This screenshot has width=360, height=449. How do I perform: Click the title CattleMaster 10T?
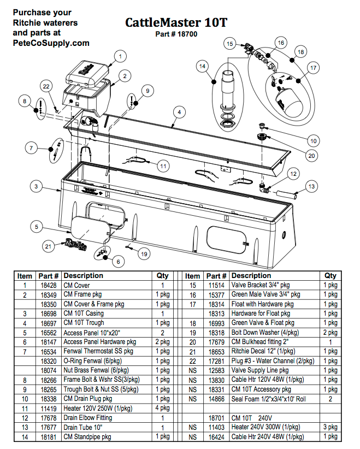[x=176, y=23]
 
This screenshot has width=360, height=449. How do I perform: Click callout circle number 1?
[x=121, y=55]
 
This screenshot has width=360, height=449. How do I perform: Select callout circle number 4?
[x=178, y=111]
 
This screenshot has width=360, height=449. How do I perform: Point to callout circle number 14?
[x=203, y=67]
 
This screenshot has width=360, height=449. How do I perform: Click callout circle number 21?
[x=49, y=246]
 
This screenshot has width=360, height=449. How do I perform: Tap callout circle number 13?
[x=311, y=187]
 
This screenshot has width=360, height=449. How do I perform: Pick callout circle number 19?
[x=144, y=253]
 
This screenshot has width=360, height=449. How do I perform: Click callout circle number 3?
[x=36, y=187]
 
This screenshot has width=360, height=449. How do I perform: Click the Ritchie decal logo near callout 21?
[x=75, y=244]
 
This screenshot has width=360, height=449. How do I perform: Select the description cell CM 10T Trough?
[x=84, y=323]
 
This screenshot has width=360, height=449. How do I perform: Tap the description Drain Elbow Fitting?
[x=88, y=417]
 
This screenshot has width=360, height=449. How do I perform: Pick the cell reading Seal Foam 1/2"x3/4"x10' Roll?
[x=268, y=399]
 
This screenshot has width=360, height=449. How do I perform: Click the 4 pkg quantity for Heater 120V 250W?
[x=163, y=408]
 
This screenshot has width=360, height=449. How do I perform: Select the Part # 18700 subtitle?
[x=176, y=34]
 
